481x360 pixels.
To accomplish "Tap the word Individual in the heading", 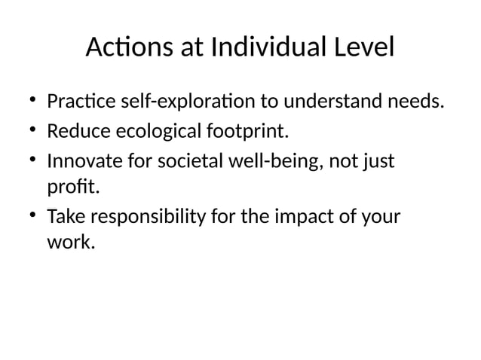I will (x=266, y=49).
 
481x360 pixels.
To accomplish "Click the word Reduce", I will (x=78, y=133).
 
